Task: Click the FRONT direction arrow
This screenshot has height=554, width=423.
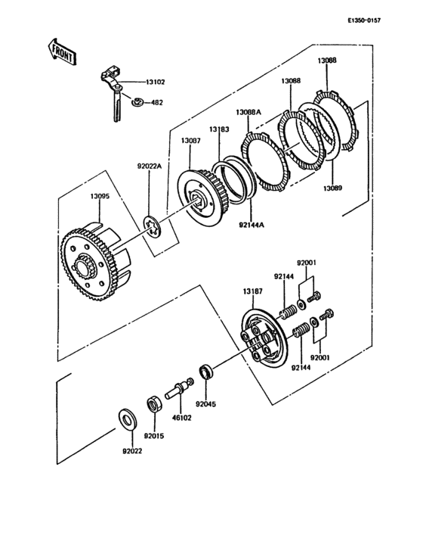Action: pyautogui.click(x=61, y=51)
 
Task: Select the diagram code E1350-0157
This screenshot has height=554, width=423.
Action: pyautogui.click(x=364, y=21)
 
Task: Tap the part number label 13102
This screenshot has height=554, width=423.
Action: pyautogui.click(x=155, y=82)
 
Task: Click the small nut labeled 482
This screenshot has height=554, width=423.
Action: pyautogui.click(x=137, y=102)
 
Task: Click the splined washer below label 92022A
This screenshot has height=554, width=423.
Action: pyautogui.click(x=152, y=227)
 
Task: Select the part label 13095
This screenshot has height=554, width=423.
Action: pyautogui.click(x=100, y=196)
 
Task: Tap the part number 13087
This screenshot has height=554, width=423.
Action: pyautogui.click(x=190, y=141)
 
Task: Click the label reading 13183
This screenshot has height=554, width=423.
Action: pyautogui.click(x=219, y=129)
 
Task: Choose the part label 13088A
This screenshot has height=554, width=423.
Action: pyautogui.click(x=249, y=112)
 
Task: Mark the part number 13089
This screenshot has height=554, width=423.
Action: pyautogui.click(x=333, y=188)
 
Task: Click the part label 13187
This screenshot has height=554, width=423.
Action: pyautogui.click(x=252, y=291)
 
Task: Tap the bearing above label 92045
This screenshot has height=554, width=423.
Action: pyautogui.click(x=206, y=373)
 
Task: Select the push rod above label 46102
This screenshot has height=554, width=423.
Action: pyautogui.click(x=179, y=389)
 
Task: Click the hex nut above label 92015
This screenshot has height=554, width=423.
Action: pyautogui.click(x=154, y=404)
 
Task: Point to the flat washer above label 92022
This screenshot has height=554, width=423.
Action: pyautogui.click(x=126, y=419)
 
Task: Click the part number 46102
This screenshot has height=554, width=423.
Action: pyautogui.click(x=181, y=418)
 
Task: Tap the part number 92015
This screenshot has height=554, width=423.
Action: pyautogui.click(x=154, y=436)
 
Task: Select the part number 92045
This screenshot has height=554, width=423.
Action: pyautogui.click(x=206, y=404)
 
